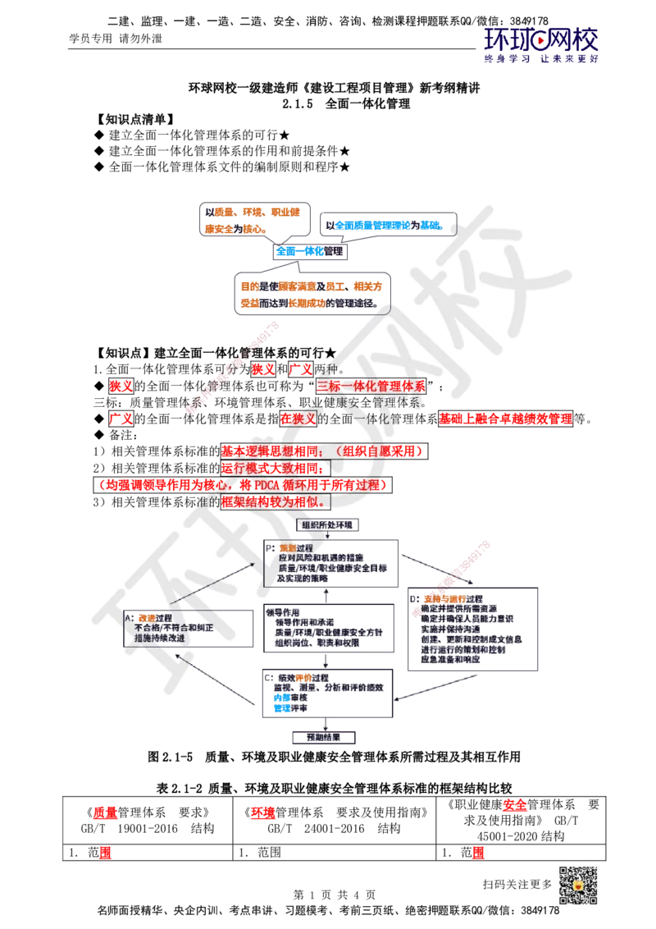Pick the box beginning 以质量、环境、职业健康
[253, 221]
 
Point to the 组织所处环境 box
[326, 524]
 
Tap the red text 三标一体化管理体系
[371, 385]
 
